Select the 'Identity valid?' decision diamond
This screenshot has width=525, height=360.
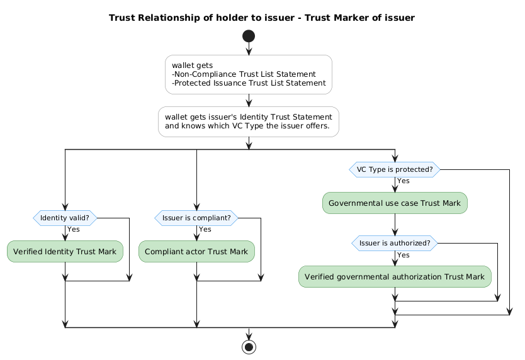65,218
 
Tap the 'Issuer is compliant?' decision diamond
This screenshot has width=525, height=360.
196,218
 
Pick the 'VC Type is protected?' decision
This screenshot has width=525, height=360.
395,169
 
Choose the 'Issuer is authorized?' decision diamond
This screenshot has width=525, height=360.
395,243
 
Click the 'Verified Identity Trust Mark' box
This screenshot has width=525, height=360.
65,252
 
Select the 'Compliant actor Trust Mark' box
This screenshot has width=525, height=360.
196,252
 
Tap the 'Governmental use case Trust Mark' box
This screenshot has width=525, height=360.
395,203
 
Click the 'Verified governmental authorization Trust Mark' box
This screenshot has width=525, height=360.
395,277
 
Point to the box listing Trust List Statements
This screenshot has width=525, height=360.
249,74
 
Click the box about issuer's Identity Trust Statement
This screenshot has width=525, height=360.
249,121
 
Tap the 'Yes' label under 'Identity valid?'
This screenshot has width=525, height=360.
74,229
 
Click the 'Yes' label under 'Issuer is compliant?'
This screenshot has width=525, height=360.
205,229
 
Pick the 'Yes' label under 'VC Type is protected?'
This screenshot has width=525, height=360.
404,181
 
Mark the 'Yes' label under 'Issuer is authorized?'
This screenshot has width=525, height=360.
404,254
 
